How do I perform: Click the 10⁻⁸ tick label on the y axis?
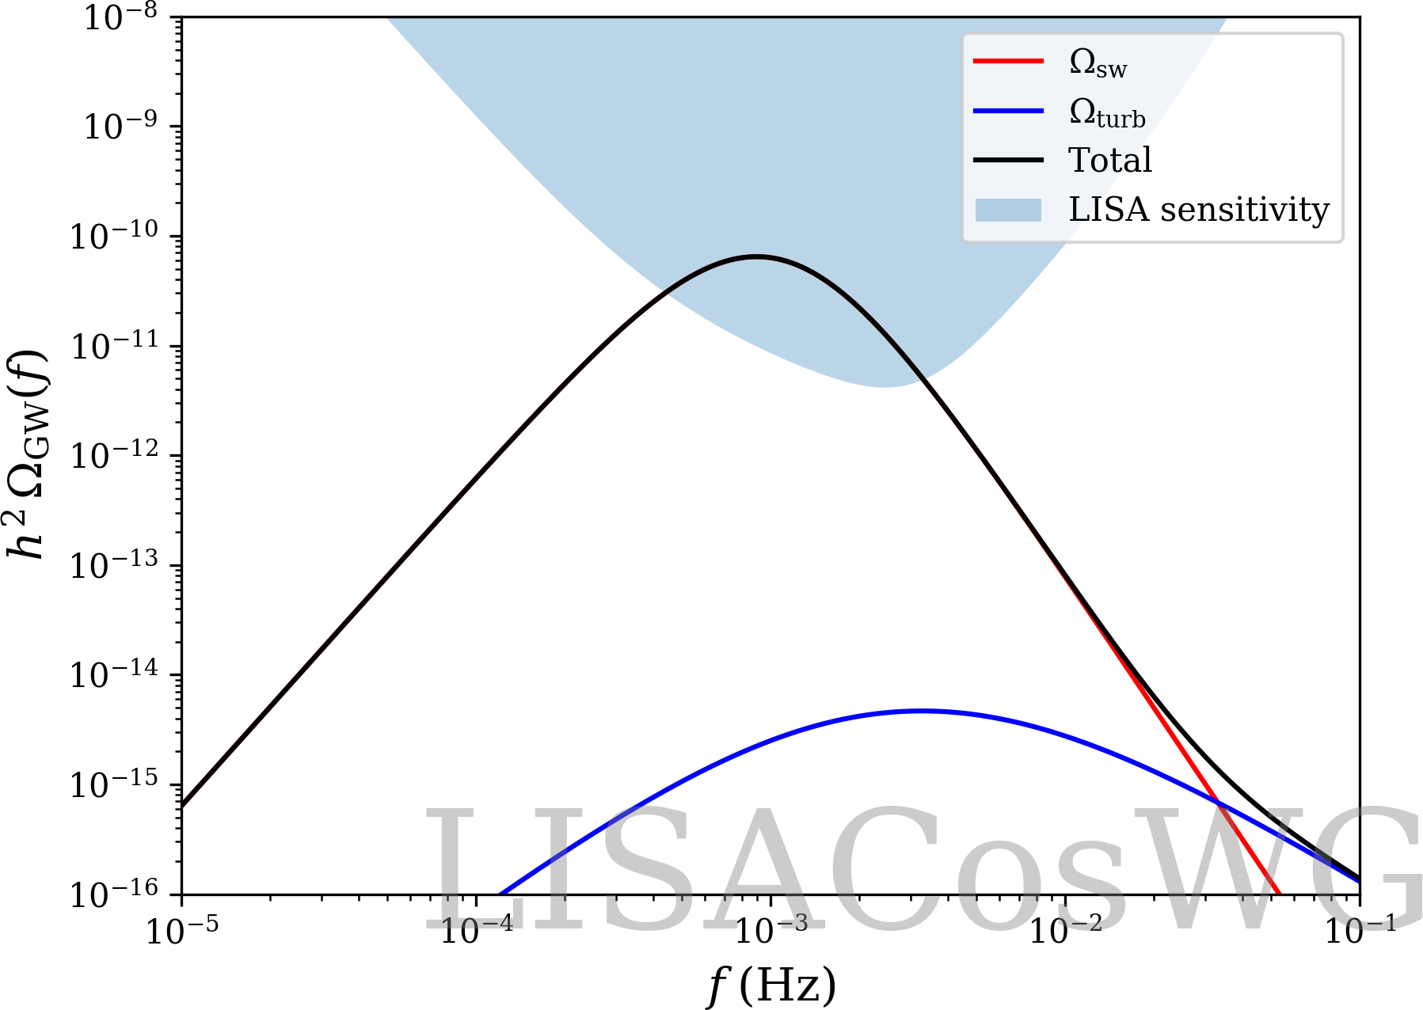120,17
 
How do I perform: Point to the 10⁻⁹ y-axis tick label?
120,126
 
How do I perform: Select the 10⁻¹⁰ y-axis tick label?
114,236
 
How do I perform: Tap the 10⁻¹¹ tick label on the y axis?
114,346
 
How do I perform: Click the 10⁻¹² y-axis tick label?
114,455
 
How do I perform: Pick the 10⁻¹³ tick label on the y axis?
114,565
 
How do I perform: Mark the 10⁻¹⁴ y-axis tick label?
114,674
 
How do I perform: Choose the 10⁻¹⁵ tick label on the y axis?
114,784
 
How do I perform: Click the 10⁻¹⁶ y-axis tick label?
114,894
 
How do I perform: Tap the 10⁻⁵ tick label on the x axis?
182,932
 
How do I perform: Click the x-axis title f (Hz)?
770,985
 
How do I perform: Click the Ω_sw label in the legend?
1098,63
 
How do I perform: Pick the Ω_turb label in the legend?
1107,113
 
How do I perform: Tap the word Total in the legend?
1110,161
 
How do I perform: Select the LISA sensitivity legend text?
1199,210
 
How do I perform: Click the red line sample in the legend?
1008,61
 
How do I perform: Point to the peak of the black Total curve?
758,256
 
